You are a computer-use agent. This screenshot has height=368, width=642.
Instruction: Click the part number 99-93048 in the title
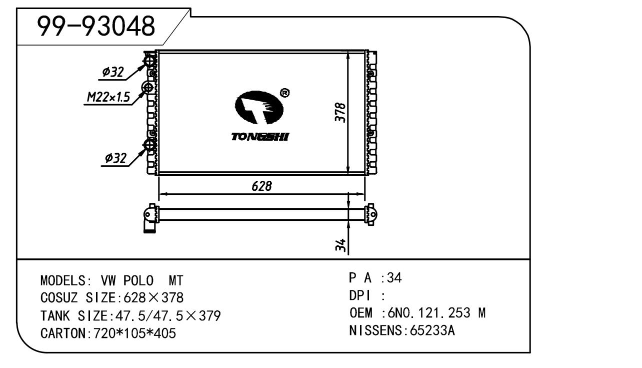(96, 26)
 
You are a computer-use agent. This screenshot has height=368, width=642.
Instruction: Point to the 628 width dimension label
(261, 186)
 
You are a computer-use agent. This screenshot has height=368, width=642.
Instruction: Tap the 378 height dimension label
(341, 113)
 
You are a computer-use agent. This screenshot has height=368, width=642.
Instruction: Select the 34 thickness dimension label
(341, 245)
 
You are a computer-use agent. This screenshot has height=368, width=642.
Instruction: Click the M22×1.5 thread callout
(108, 97)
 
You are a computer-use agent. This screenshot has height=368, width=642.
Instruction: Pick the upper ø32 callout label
(113, 72)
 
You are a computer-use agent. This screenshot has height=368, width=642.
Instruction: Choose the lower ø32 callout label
(115, 158)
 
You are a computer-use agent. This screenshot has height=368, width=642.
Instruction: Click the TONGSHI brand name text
(260, 137)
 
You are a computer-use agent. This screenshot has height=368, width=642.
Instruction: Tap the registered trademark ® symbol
(284, 93)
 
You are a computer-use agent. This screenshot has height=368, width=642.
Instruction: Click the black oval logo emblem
(259, 107)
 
